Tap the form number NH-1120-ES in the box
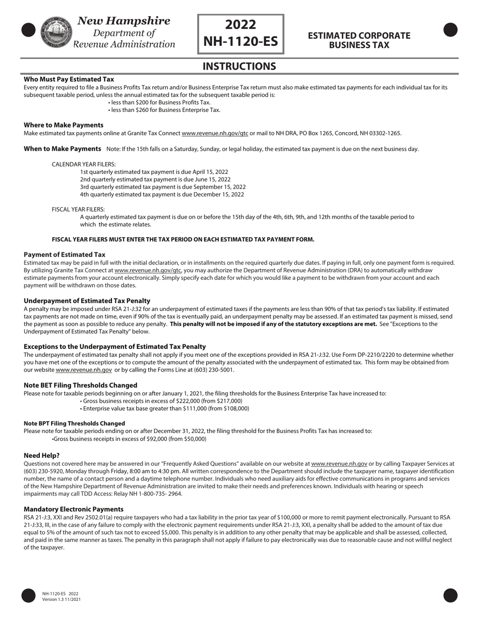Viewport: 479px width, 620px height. [x=241, y=41]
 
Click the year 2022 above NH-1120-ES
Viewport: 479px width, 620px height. [x=241, y=25]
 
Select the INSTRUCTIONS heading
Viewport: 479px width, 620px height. [x=239, y=67]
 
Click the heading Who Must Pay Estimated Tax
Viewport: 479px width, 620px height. [x=69, y=79]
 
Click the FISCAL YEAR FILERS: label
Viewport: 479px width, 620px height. [x=78, y=209]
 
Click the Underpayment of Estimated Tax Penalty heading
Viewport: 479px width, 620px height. [x=87, y=301]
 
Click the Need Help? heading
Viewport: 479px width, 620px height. [x=41, y=455]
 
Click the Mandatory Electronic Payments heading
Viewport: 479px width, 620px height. [x=73, y=509]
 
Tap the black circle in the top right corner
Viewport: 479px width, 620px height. [x=450, y=30]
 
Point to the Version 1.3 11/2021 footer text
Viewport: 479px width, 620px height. [x=62, y=599]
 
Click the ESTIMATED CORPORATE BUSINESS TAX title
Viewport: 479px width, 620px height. [x=359, y=40]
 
